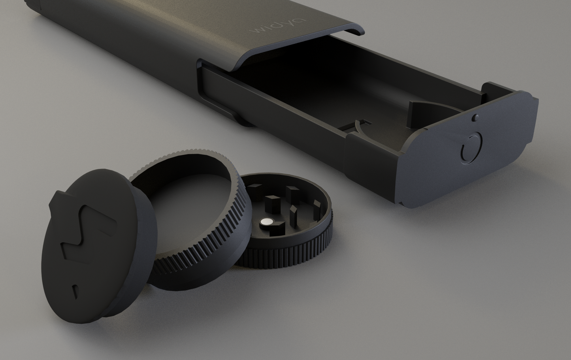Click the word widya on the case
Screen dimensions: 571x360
[277, 26]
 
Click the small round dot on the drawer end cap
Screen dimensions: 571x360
[475, 117]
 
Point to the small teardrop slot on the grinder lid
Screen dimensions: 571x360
[75, 290]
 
